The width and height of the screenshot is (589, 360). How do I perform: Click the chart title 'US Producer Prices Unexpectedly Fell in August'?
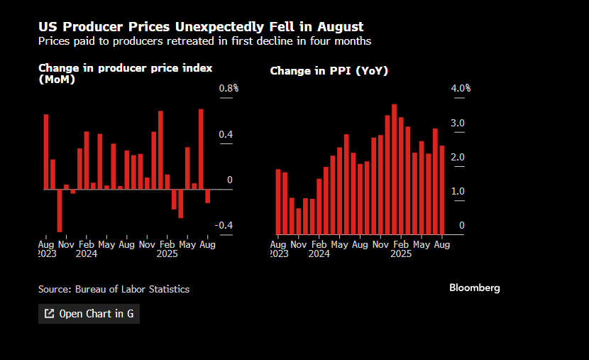pyautogui.click(x=201, y=27)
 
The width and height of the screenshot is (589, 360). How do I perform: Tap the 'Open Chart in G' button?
pyautogui.click(x=89, y=313)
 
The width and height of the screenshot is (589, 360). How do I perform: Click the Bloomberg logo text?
pyautogui.click(x=475, y=288)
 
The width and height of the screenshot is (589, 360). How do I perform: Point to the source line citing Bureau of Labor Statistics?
pyautogui.click(x=114, y=289)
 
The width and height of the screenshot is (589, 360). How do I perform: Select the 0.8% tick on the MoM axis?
pyautogui.click(x=229, y=88)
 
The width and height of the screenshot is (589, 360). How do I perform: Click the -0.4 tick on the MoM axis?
pyautogui.click(x=224, y=225)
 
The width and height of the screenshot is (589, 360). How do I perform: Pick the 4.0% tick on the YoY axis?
pyautogui.click(x=461, y=88)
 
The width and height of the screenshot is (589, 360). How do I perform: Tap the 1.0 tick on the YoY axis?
pyautogui.click(x=458, y=191)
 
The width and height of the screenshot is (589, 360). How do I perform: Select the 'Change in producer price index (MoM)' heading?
pyautogui.click(x=126, y=73)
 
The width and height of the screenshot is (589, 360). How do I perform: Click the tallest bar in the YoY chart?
pyautogui.click(x=394, y=169)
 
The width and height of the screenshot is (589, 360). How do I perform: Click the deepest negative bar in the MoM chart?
pyautogui.click(x=60, y=210)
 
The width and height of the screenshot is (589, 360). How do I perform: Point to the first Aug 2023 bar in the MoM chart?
pyautogui.click(x=46, y=151)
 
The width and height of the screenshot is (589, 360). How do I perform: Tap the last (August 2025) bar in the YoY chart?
pyautogui.click(x=442, y=190)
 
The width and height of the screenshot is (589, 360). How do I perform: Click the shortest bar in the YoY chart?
pyautogui.click(x=299, y=221)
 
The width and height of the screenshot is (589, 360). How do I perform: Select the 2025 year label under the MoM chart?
pyautogui.click(x=167, y=253)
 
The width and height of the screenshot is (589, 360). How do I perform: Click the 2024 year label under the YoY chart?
pyautogui.click(x=319, y=253)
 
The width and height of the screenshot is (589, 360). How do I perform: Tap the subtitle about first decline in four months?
pyautogui.click(x=204, y=41)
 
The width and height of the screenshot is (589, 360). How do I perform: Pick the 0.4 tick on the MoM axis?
pyautogui.click(x=225, y=135)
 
